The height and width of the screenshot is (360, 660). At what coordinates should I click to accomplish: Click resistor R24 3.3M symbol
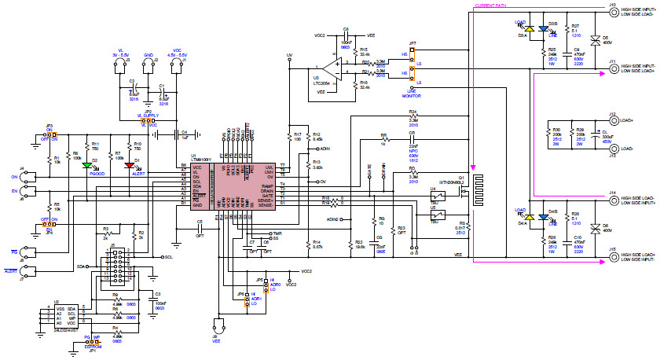(x=412, y=120)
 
